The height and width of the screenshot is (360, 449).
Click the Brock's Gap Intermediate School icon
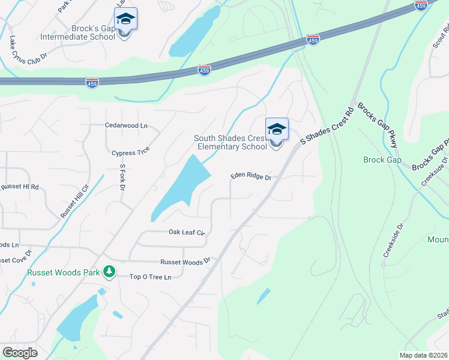click(x=125, y=19)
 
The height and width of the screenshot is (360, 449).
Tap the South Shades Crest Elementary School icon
click(x=277, y=130)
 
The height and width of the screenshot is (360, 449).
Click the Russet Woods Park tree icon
click(x=109, y=272)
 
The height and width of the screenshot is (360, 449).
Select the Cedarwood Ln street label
click(x=126, y=126)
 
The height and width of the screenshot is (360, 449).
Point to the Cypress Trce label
click(x=130, y=153)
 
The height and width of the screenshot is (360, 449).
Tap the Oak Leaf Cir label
click(x=187, y=232)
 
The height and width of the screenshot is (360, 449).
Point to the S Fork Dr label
click(x=122, y=178)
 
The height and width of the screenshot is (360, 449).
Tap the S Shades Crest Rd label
click(x=328, y=126)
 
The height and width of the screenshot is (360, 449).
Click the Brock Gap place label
click(x=382, y=160)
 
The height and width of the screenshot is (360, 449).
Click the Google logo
click(x=20, y=353)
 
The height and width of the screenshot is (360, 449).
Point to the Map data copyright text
click(x=423, y=355)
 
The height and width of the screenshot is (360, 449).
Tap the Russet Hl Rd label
click(x=19, y=187)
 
